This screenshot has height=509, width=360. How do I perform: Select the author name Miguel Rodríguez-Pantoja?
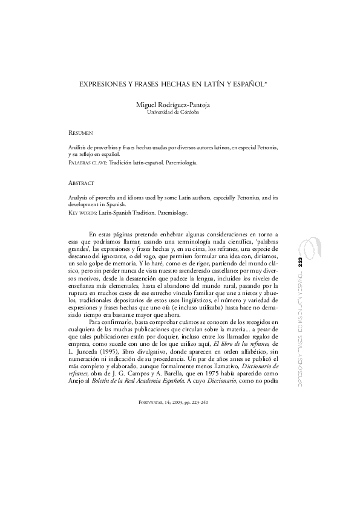click(180, 105)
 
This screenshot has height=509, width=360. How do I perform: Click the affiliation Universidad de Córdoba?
click(180, 112)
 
